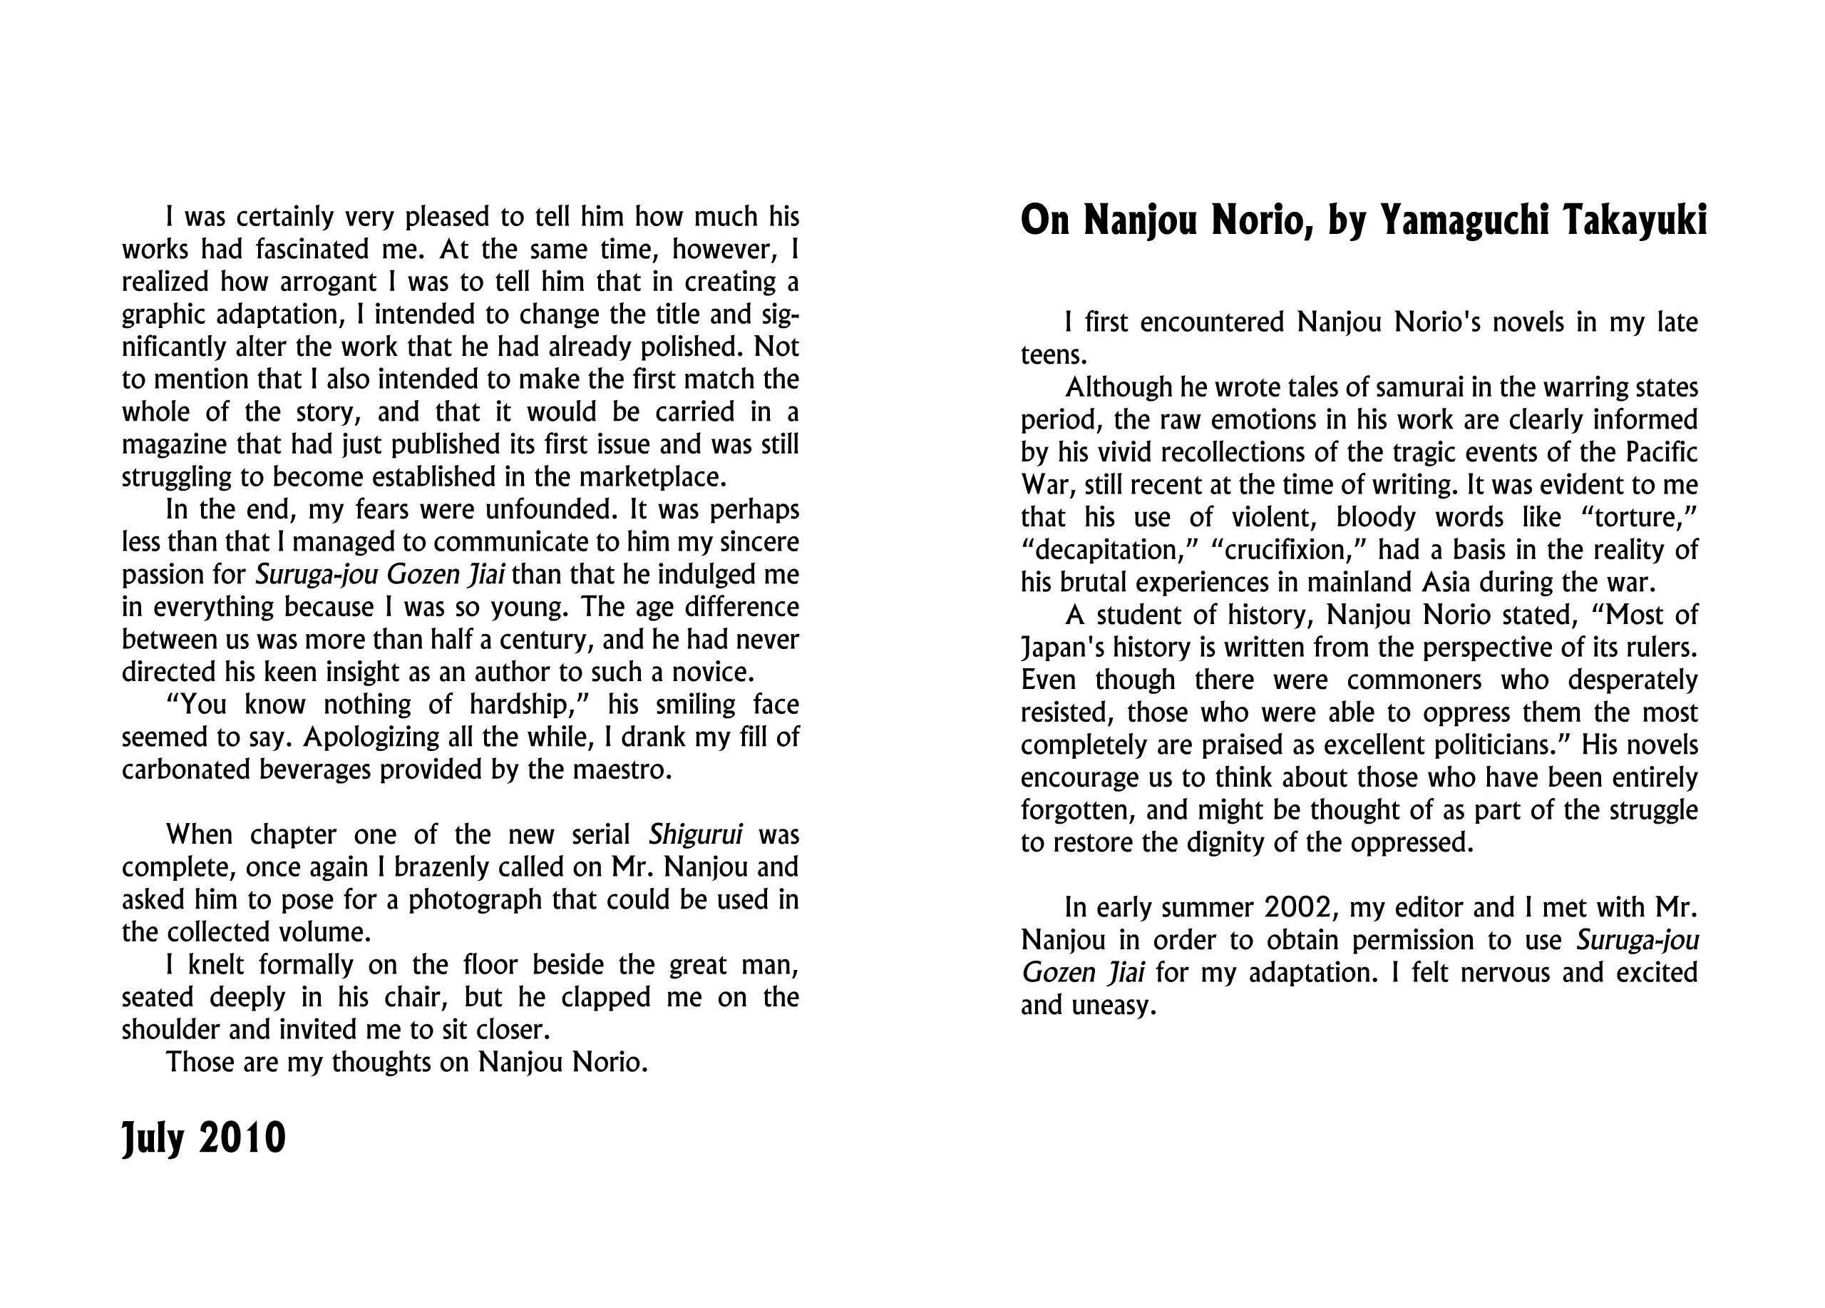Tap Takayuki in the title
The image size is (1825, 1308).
1636,220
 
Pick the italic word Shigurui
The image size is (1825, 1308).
695,834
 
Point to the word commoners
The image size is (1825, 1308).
1414,680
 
